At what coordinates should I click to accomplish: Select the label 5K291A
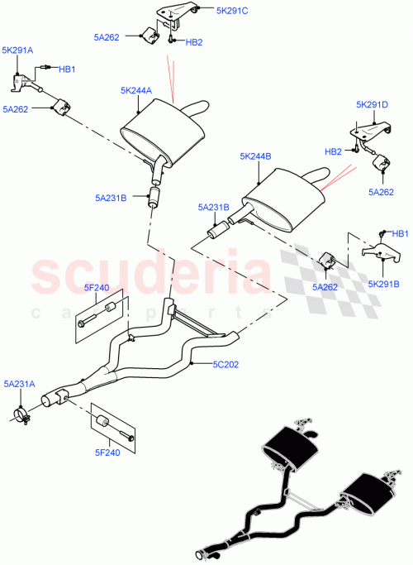pos(17,50)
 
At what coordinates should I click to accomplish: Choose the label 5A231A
pos(19,384)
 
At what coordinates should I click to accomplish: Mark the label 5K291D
pos(372,104)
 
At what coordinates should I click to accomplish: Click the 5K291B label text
pos(382,283)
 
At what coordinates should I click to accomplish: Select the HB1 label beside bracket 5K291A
pos(66,69)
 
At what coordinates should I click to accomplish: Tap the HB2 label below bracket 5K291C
pos(194,42)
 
